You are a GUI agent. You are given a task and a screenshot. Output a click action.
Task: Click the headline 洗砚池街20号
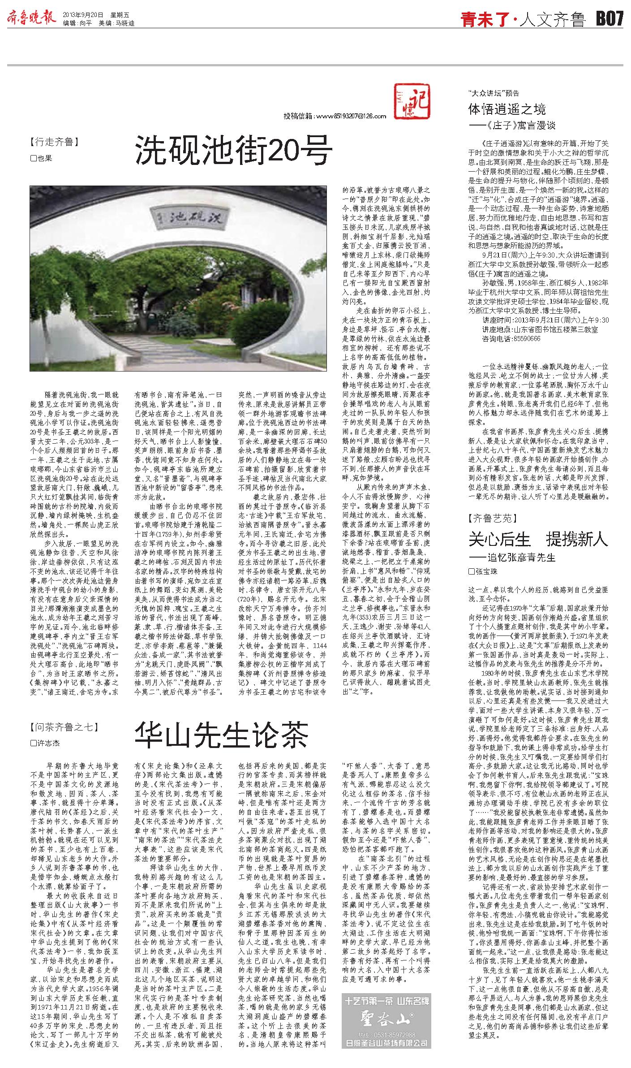click(x=234, y=150)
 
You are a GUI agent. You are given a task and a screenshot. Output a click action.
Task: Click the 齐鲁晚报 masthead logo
click(x=31, y=18)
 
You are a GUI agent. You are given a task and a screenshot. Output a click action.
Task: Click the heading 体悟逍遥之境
click(x=507, y=109)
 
